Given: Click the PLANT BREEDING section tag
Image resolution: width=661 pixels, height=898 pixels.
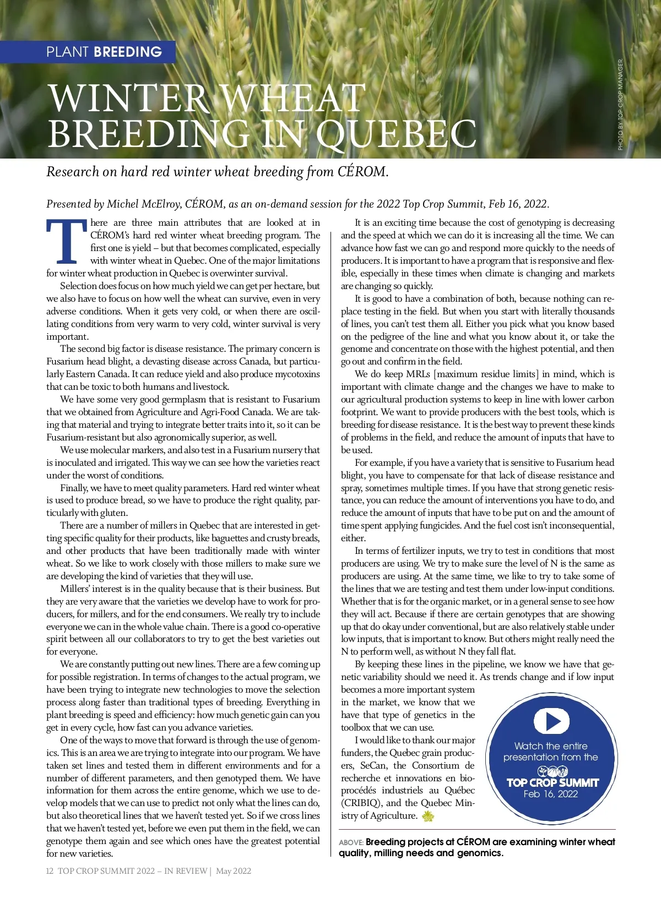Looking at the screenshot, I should pos(104,52).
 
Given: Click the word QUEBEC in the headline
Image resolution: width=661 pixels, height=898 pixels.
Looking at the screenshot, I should pos(396,134).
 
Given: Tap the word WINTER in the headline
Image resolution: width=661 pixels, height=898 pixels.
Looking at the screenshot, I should pos(128,99).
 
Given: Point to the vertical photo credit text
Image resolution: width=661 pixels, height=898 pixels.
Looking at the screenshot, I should pos(620,104).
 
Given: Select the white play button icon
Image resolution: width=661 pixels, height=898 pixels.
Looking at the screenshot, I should pos(551,721).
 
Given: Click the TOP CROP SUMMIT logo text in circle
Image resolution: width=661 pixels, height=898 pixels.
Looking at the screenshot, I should pos(552,782).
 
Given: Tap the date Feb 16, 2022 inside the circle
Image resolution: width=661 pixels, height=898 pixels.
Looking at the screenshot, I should pos(551,794).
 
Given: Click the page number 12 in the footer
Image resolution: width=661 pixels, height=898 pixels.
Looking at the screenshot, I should pos(50,871).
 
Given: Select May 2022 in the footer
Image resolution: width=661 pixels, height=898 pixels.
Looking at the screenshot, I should pos(234,871).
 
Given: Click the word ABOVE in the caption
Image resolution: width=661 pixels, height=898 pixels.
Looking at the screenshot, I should pos(351,843).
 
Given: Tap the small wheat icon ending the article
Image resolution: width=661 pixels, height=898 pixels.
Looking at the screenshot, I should pos(427,816).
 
